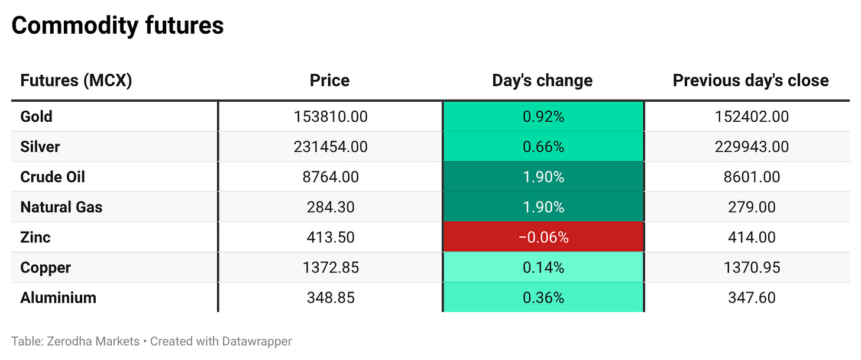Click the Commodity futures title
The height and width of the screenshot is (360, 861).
[118, 25]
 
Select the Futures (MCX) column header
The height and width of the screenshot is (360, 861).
[76, 80]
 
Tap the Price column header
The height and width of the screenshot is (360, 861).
[330, 80]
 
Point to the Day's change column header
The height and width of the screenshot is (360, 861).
[542, 80]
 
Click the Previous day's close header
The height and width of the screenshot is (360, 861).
[750, 80]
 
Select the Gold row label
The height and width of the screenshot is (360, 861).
[36, 116]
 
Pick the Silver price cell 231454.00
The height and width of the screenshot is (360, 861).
[331, 147]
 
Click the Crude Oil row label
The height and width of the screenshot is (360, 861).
[53, 177]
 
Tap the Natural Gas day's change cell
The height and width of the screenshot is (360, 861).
[543, 207]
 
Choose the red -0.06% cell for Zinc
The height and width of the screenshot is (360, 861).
[543, 237]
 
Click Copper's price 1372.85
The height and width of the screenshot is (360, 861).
[331, 267]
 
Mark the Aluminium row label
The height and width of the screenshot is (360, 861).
[58, 298]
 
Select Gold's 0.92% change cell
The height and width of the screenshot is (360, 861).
[543, 116]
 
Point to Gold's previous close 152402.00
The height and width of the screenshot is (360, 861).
[752, 116]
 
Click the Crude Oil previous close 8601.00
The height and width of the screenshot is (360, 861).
[752, 177]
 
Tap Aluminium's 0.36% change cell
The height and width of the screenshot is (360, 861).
[543, 297]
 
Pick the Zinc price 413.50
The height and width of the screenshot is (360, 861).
[331, 237]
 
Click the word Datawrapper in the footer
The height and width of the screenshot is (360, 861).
[257, 342]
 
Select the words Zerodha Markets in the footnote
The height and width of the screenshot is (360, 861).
[93, 341]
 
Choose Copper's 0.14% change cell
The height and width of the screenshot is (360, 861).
[543, 267]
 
